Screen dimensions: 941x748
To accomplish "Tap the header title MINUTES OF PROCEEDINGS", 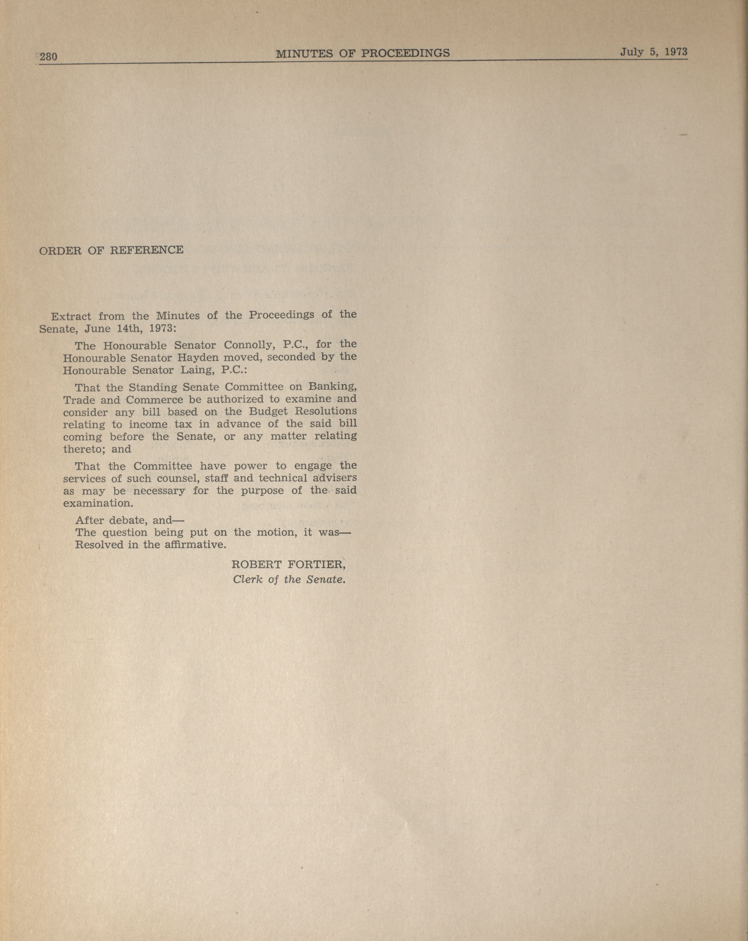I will [363, 53].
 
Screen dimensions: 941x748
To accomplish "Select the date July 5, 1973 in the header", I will [654, 52].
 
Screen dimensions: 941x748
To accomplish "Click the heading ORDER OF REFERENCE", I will [111, 250].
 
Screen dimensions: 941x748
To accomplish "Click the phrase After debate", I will [111, 520].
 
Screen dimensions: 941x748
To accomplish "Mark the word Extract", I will [71, 317].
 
